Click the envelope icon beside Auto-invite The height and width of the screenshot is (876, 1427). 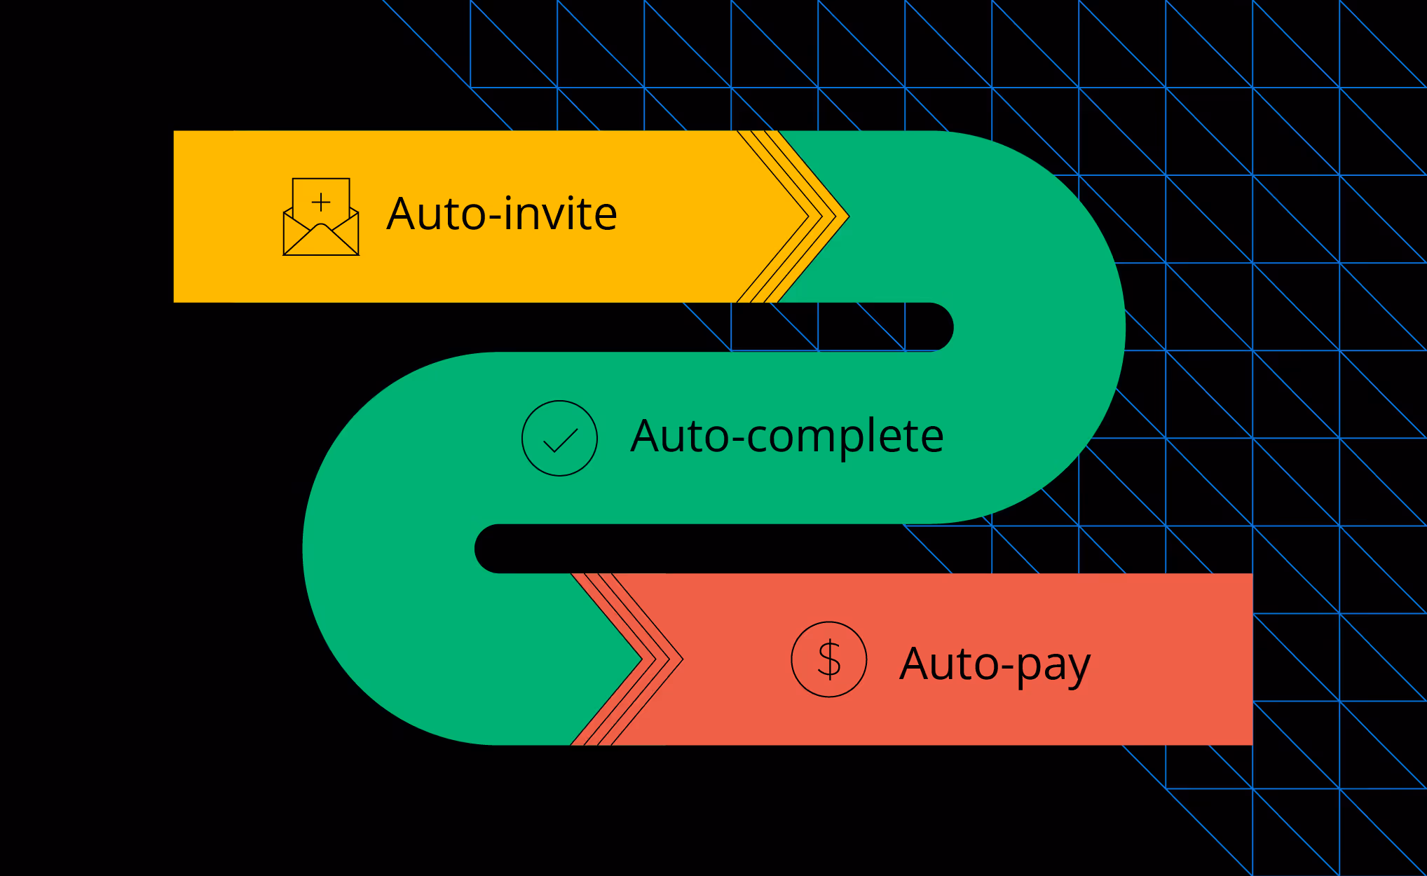321,217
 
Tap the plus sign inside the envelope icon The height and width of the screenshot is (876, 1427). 321,202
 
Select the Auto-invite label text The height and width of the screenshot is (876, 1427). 502,214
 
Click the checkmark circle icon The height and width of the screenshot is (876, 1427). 559,439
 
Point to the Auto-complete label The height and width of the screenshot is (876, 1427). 787,437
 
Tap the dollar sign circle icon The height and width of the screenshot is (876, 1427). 829,659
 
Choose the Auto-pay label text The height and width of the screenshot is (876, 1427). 995,664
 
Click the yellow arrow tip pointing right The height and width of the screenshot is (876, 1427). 841,217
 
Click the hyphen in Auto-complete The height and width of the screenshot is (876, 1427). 737,441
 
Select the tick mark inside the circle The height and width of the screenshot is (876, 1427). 560,441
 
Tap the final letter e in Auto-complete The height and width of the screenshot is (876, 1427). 928,438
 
